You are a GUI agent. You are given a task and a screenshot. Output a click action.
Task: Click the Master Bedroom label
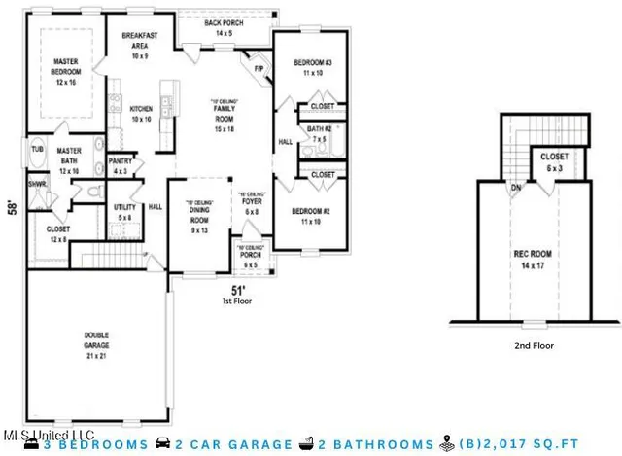point(65,66)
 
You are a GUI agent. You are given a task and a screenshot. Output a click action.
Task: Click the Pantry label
point(121,160)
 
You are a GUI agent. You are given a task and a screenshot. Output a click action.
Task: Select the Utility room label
point(123,207)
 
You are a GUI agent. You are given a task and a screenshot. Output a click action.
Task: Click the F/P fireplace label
point(259,69)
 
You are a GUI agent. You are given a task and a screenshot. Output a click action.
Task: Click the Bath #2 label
point(320,128)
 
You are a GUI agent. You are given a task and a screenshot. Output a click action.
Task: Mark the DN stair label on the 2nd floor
point(515,188)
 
